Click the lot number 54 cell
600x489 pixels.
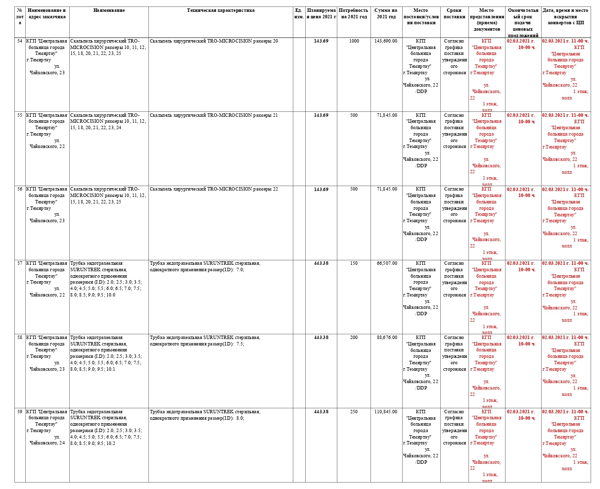pos(20,41)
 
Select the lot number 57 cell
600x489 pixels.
pos(20,263)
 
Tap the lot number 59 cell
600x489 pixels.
pos(20,412)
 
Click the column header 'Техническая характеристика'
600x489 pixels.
pos(221,10)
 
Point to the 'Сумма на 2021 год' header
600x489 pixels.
pos(385,13)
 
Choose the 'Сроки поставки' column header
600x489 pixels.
pos(454,13)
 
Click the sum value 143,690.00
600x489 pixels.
pos(385,41)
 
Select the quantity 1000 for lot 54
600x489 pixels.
pos(354,41)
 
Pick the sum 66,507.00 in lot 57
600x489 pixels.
pos(386,263)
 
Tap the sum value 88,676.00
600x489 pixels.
pos(386,338)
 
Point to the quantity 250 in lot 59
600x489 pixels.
pos(354,412)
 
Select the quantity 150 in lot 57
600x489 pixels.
pos(354,263)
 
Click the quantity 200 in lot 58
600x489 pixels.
pos(354,338)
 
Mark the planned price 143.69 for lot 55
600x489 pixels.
pos(321,115)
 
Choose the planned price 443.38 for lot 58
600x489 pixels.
pos(321,338)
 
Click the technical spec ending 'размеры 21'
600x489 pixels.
pos(214,115)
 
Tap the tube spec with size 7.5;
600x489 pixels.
pos(205,341)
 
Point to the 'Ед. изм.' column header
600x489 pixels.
pos(299,13)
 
